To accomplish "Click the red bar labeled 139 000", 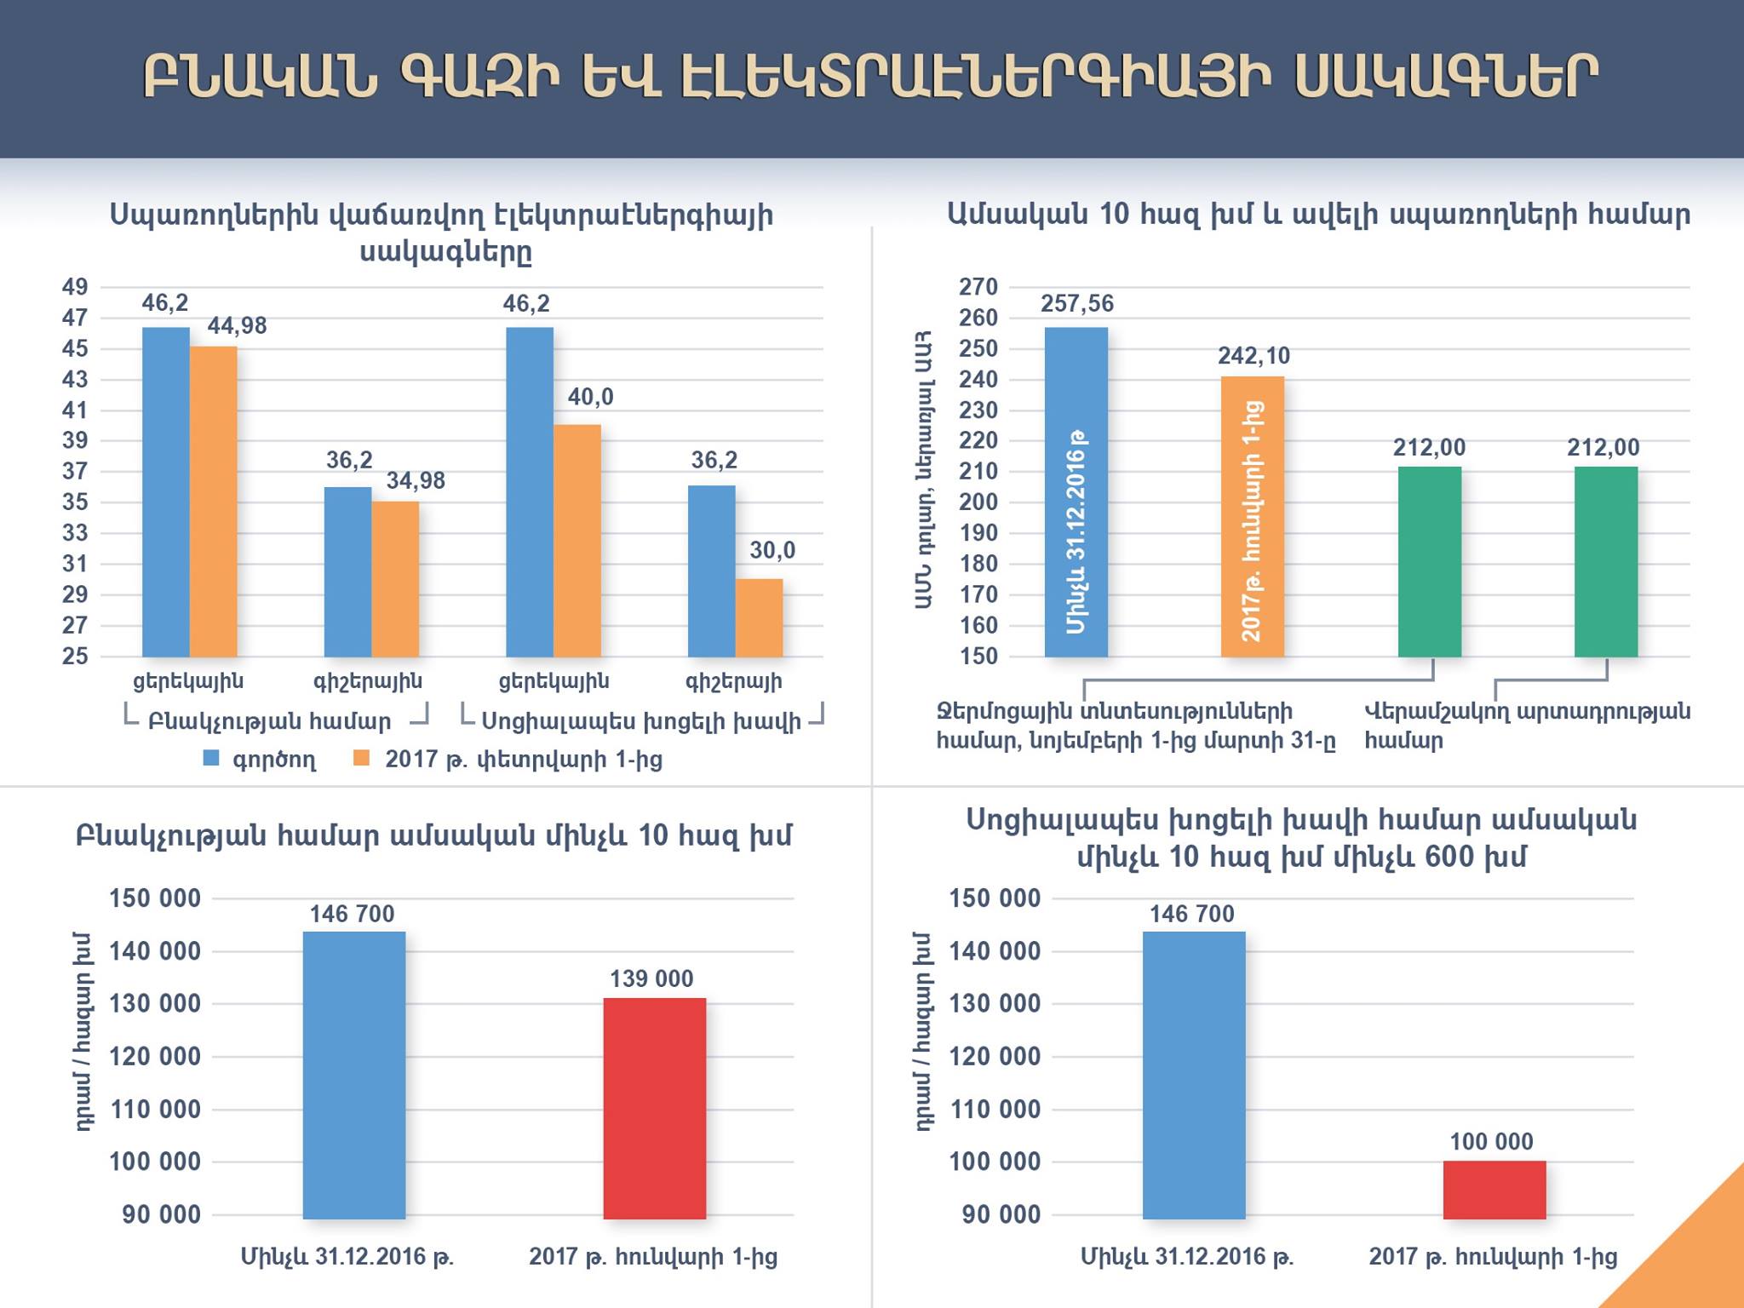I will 654,1108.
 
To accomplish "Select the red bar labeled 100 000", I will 1494,1190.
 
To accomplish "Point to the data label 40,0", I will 590,397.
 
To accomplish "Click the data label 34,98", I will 416,481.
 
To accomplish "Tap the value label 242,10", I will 1253,356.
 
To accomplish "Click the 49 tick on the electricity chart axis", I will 75,287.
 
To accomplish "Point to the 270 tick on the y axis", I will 978,287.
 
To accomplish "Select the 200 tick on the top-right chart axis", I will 978,502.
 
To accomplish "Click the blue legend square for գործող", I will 211,758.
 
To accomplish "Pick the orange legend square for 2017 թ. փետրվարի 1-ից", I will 362,758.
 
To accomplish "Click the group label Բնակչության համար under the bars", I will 269,721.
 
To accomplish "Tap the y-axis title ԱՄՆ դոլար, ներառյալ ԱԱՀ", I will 924,470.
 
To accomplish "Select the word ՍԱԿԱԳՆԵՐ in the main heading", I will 1445,78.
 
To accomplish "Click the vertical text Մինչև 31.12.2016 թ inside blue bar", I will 1076,532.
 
